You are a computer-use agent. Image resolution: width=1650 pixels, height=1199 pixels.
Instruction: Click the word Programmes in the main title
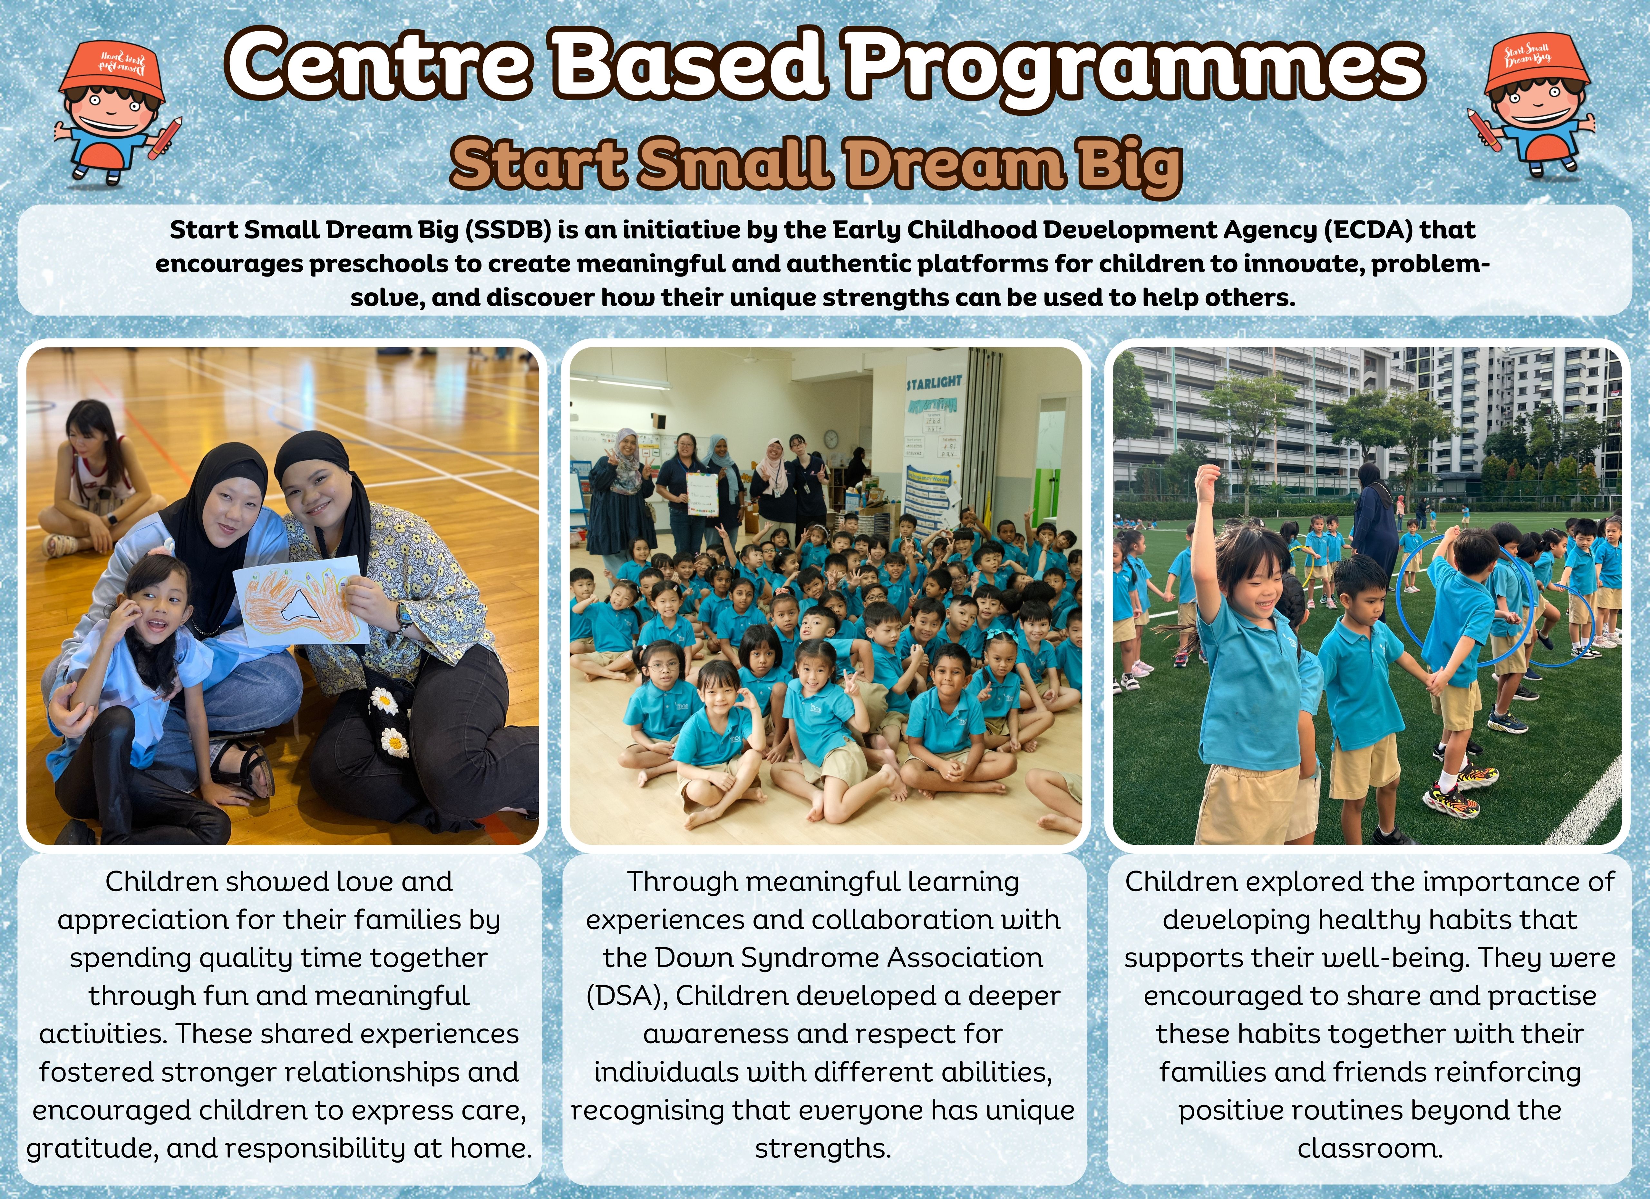point(1131,67)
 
